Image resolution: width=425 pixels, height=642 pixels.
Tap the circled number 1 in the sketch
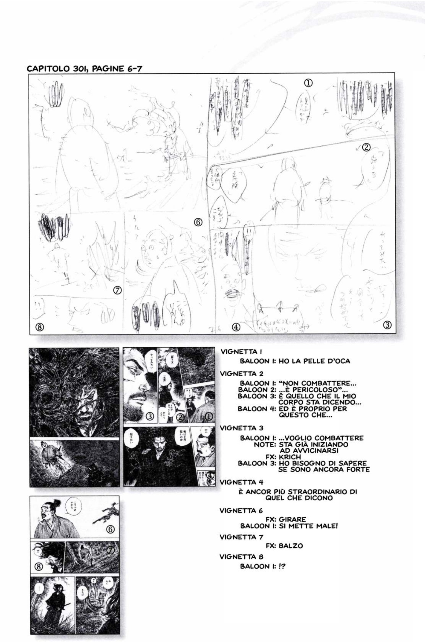[308, 82]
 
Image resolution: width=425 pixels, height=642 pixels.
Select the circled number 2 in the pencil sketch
[366, 148]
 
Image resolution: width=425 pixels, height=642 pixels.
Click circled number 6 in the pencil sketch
[198, 222]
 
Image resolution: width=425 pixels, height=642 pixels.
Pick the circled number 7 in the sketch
[118, 290]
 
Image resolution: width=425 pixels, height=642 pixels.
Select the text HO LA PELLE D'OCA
[314, 361]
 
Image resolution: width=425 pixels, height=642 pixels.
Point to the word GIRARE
[295, 519]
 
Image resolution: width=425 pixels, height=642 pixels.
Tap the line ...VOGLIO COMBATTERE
[321, 438]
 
